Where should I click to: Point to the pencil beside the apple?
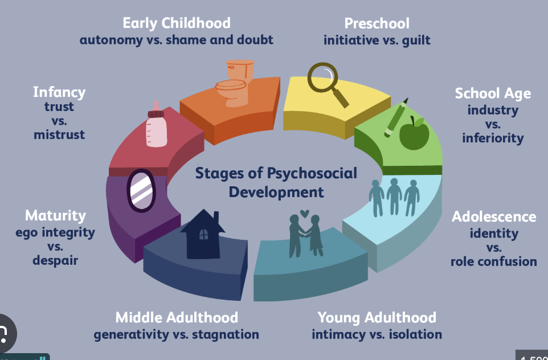coord(395,117)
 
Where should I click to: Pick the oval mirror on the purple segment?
coord(140,190)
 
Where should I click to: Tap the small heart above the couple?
coord(305,214)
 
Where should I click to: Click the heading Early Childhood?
coord(177,23)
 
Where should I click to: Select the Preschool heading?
coord(377,23)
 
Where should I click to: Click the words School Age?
coord(493,93)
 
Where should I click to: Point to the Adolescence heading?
coord(494,216)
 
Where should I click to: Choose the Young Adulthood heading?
coord(377,317)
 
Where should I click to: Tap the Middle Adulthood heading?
coord(177,317)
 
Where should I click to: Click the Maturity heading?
coord(55,215)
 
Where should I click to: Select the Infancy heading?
coord(59,92)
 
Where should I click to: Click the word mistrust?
coord(59,135)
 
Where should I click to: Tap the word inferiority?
coord(493,138)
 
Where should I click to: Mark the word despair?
coord(55,260)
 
